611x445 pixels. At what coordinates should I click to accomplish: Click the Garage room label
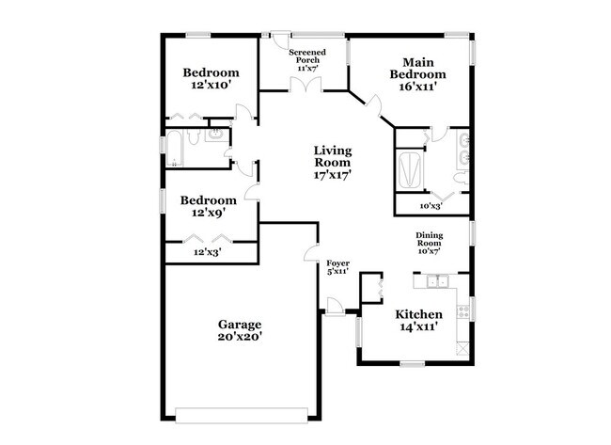[240, 330]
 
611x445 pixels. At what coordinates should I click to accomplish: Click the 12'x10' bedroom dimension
[210, 85]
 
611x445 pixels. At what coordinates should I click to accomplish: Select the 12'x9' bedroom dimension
[209, 213]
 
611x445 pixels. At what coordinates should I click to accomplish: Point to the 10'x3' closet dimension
[431, 206]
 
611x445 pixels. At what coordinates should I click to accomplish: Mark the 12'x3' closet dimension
[208, 252]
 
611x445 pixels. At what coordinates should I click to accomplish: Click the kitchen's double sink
[437, 281]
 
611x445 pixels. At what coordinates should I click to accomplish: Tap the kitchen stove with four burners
[463, 310]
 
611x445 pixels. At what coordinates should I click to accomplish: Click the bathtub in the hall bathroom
[173, 149]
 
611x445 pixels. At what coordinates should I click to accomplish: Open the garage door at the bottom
[242, 415]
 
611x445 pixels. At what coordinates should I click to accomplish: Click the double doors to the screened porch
[305, 85]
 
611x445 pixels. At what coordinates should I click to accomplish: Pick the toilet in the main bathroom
[462, 178]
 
